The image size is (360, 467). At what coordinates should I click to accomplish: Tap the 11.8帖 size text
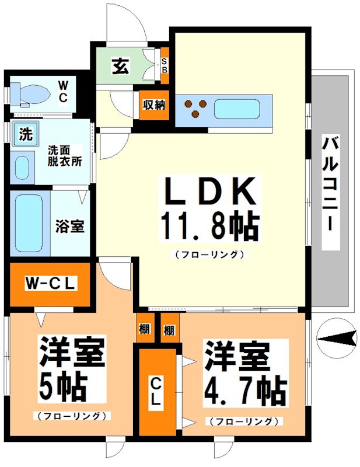(209, 226)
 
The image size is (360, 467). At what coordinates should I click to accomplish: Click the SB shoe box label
(164, 65)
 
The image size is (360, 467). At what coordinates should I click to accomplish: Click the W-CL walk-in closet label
(51, 284)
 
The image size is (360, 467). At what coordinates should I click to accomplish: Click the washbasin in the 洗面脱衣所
(22, 168)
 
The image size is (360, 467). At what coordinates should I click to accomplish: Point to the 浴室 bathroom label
(70, 226)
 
